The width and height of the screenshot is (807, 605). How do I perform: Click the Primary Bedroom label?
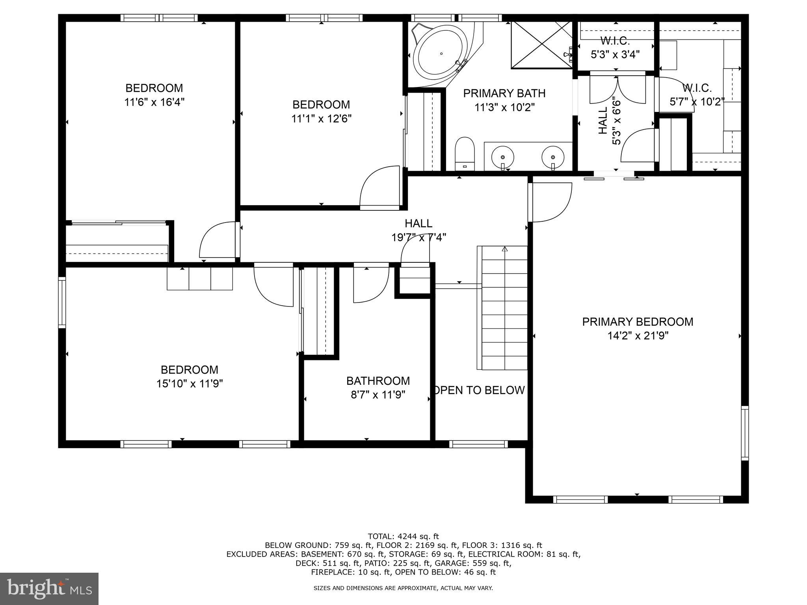point(638,322)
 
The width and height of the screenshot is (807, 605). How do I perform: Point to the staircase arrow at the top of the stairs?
point(505,249)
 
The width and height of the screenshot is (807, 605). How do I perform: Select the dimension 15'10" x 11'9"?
point(190,384)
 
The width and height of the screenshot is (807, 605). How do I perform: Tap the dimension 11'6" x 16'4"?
point(154,102)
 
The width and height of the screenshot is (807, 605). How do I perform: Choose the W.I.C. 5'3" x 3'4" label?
point(615,47)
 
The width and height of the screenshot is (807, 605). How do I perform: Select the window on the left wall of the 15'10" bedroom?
point(62,302)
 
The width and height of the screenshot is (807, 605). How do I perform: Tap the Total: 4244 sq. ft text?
point(403,536)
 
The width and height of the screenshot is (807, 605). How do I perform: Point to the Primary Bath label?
point(504,93)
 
